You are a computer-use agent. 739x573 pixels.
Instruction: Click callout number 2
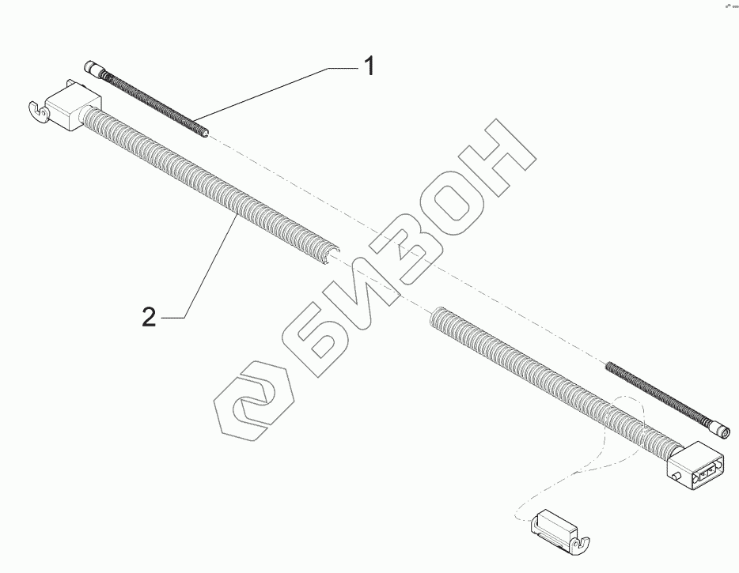point(148,317)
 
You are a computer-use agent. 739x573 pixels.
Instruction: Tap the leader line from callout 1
point(277,91)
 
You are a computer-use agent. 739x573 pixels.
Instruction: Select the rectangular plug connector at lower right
point(694,468)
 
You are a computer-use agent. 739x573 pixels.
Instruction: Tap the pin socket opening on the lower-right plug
point(704,473)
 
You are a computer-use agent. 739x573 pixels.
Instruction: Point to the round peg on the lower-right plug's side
point(677,477)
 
